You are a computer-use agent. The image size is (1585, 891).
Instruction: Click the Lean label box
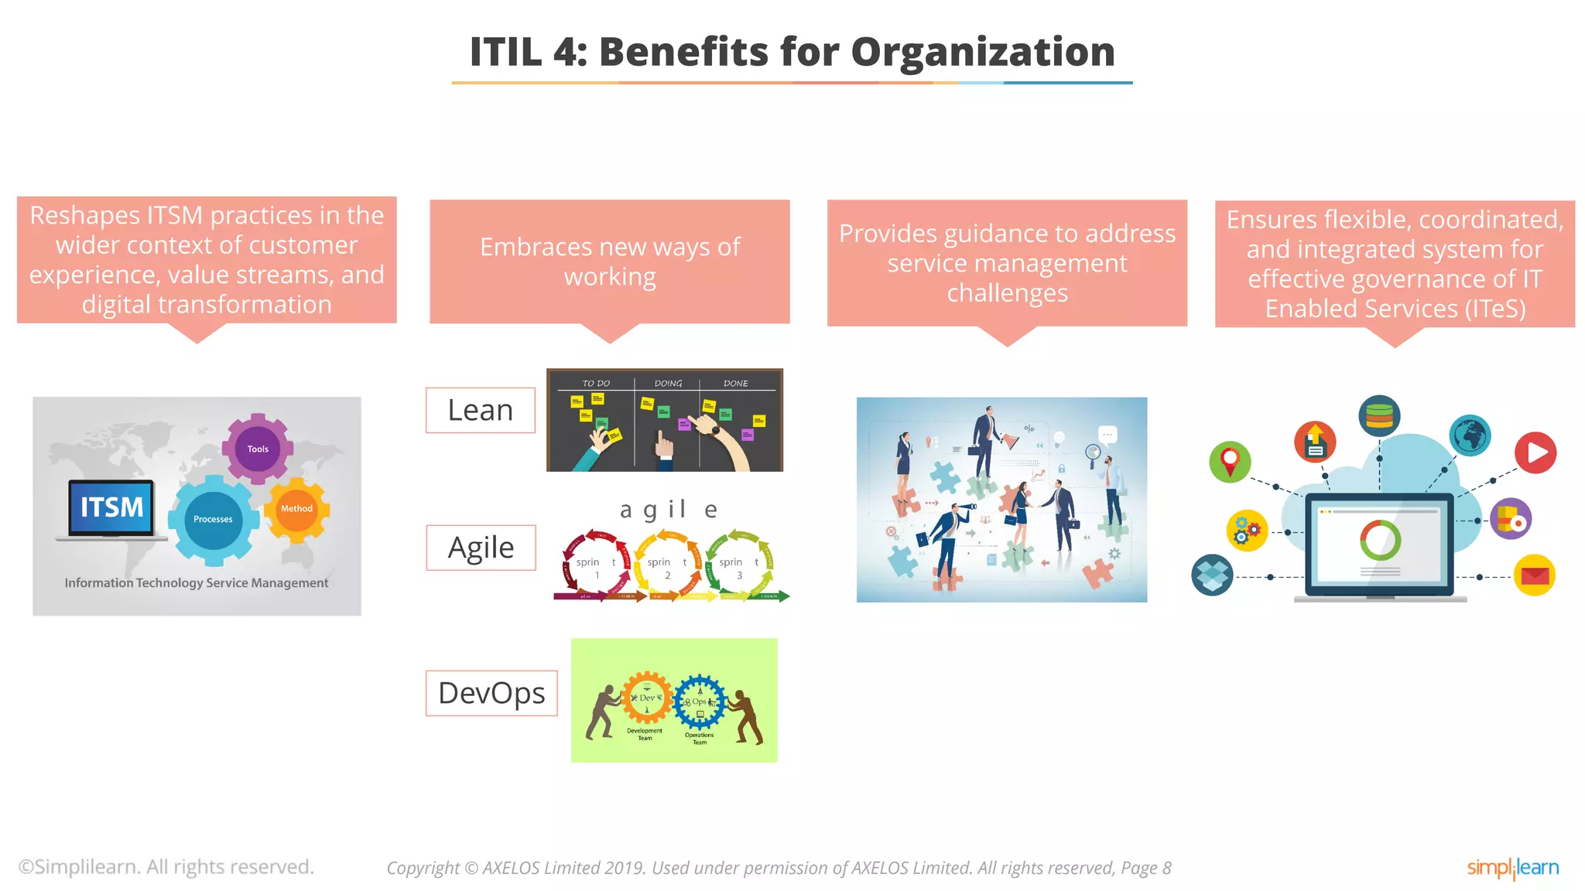click(x=480, y=410)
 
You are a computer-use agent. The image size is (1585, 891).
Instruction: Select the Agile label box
click(x=481, y=548)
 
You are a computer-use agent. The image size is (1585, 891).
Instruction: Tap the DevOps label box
click(x=491, y=693)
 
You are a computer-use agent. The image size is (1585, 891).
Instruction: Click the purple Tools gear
click(x=258, y=449)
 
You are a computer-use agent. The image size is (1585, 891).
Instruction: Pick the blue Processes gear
click(x=213, y=520)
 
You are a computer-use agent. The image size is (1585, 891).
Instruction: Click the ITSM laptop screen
click(x=112, y=507)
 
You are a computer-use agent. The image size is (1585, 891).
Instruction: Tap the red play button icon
click(x=1535, y=452)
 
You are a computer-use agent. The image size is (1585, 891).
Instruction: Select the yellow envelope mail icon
click(x=1534, y=575)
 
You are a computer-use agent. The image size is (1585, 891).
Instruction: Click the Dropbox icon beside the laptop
click(x=1212, y=575)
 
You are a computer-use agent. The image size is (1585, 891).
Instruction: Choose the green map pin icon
click(x=1230, y=462)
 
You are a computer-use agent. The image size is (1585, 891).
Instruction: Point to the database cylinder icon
click(x=1379, y=416)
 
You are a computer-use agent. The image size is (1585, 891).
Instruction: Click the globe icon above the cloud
click(x=1470, y=435)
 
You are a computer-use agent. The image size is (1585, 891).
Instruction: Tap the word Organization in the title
click(x=982, y=52)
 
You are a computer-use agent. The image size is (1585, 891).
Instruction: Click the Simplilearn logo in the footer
click(x=1512, y=868)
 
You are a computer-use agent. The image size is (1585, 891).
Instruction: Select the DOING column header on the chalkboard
click(x=668, y=384)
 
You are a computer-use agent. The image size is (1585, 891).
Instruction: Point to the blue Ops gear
click(x=700, y=702)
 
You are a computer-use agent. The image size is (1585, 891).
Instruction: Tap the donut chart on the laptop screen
click(x=1380, y=540)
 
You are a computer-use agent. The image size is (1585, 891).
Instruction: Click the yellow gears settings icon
click(x=1247, y=531)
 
